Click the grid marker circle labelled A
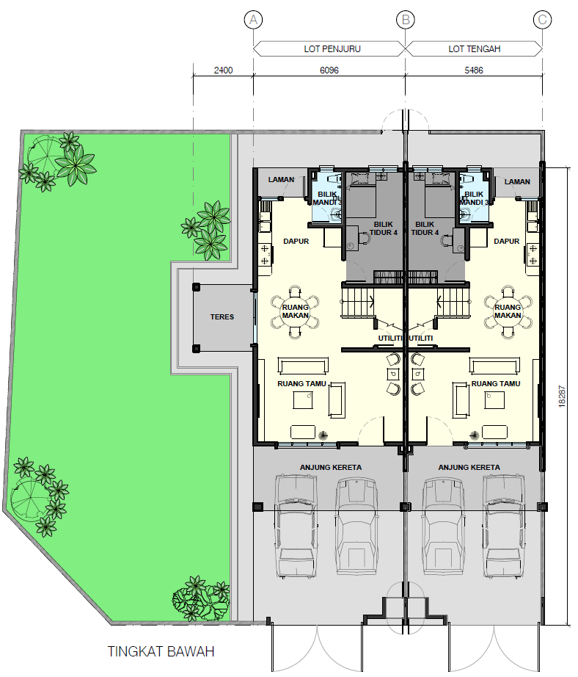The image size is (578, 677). coord(253,19)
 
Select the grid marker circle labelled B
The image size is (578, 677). coord(406,19)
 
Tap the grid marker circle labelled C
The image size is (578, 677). coord(542,19)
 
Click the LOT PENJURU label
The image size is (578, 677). coord(332,48)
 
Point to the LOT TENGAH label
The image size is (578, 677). coord(475,48)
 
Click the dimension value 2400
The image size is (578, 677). coord(223,70)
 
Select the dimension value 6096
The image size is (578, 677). coord(329,70)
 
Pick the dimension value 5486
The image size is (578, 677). coord(474,70)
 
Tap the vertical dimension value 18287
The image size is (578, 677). coord(562,396)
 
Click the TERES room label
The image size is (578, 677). coord(222,317)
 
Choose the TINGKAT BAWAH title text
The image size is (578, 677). coord(161,651)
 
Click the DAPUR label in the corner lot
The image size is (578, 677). coord(296,242)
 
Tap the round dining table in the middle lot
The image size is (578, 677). coord(508,311)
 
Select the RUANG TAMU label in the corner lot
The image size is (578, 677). coord(302,383)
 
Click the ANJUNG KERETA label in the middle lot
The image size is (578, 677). coord(469,467)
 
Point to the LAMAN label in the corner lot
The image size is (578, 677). coord(281,180)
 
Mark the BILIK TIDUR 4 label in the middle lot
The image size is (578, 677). coord(425,228)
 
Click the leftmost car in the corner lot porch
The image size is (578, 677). coord(296,526)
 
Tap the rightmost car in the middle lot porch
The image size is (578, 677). coord(503,526)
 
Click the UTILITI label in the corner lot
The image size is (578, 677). coord(390,338)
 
